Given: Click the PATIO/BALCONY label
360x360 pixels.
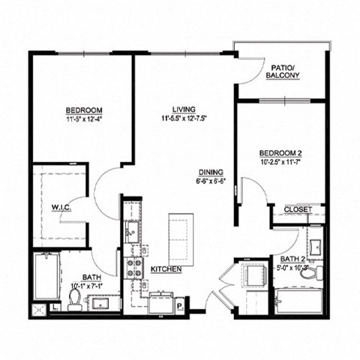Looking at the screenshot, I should [284, 72].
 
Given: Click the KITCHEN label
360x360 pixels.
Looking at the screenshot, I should [165, 268].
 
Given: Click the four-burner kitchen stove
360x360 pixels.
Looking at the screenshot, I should [133, 268].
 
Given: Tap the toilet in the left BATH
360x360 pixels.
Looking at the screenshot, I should [74, 299].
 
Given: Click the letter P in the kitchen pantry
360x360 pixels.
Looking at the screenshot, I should [180, 305].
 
